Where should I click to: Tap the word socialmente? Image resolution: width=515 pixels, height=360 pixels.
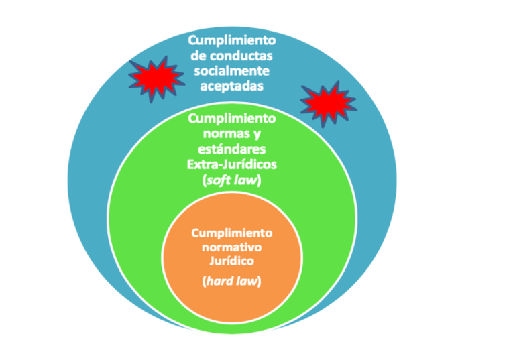231,71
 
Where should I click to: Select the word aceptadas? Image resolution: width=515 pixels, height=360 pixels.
231,86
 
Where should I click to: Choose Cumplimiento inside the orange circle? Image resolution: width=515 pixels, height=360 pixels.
231,233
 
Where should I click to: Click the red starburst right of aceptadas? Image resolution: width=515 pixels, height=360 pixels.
327,104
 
